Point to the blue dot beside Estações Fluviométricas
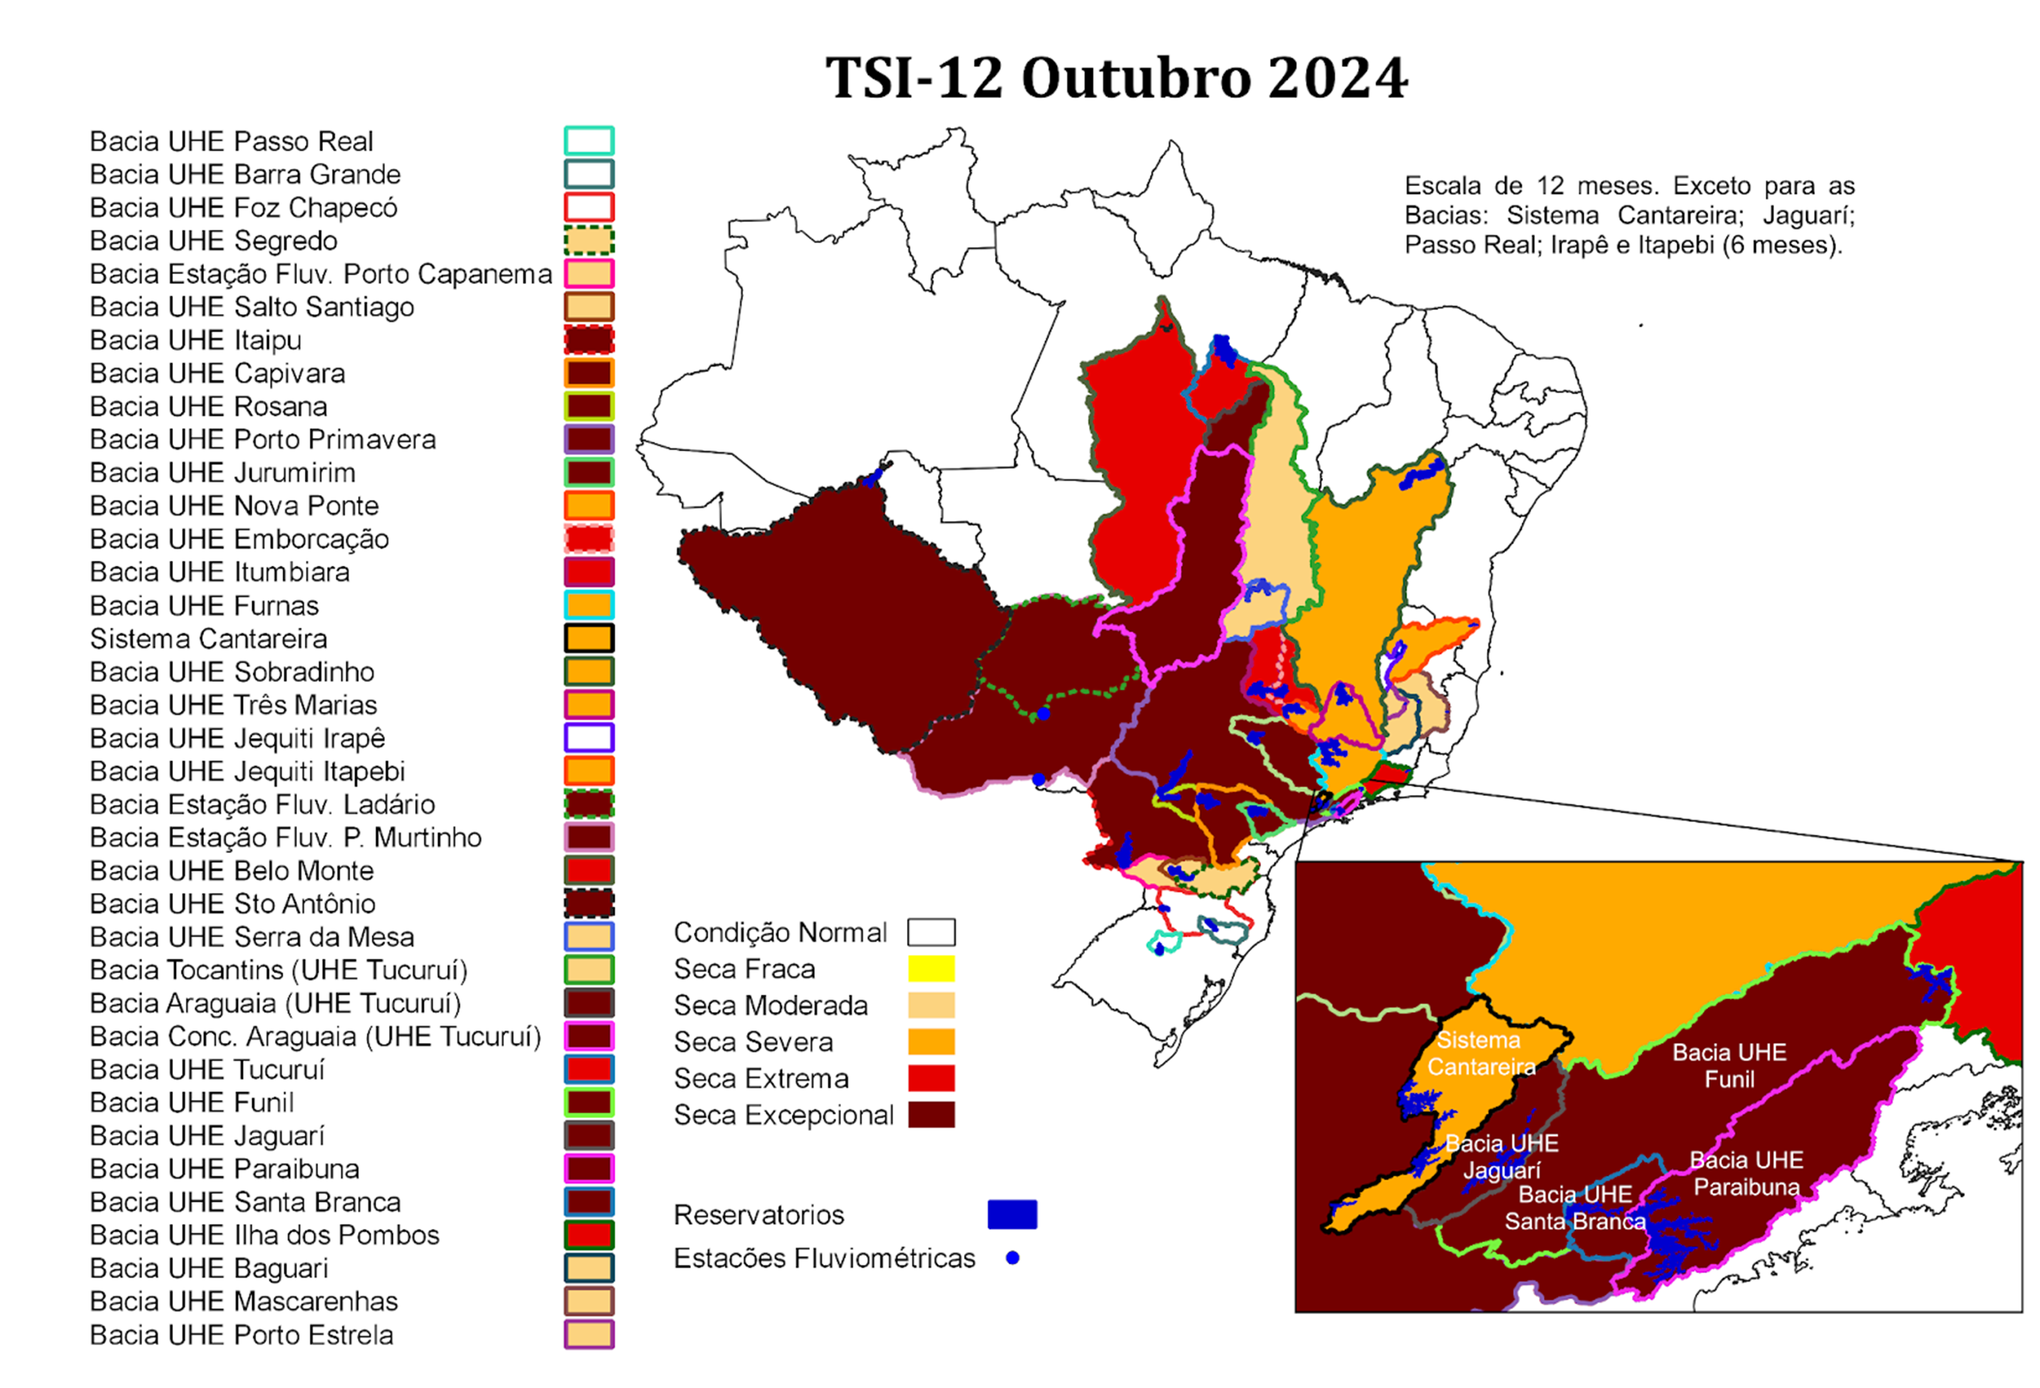pyautogui.click(x=1012, y=1257)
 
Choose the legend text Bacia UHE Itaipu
pyautogui.click(x=196, y=340)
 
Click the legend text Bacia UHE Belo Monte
pyautogui.click(x=232, y=870)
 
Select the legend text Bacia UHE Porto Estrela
pyautogui.click(x=241, y=1334)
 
